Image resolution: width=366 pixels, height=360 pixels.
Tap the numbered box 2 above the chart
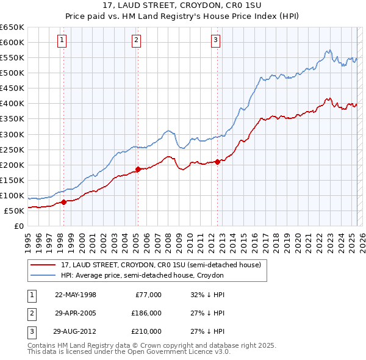pyautogui.click(x=136, y=41)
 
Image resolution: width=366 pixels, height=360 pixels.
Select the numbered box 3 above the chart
pyautogui.click(x=216, y=41)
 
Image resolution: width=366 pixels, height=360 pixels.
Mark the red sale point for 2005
pyautogui.click(x=138, y=169)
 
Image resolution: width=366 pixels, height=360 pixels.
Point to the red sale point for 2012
pyautogui.click(x=218, y=162)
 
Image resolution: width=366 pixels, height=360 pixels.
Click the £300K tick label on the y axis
pyautogui.click(x=12, y=134)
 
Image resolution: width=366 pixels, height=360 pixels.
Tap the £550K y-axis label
pyautogui.click(x=12, y=57)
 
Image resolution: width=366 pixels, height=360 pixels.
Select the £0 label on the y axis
pyautogui.click(x=18, y=226)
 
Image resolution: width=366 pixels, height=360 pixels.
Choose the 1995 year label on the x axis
pyautogui.click(x=27, y=239)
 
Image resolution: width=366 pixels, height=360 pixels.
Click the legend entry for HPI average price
pyautogui.click(x=142, y=276)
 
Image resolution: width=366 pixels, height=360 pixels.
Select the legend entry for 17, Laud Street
pyautogui.click(x=161, y=265)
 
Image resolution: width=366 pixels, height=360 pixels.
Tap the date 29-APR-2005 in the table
pyautogui.click(x=76, y=313)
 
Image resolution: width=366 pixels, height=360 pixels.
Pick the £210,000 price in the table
pyautogui.click(x=146, y=331)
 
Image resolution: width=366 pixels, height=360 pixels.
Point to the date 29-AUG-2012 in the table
pyautogui.click(x=76, y=331)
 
